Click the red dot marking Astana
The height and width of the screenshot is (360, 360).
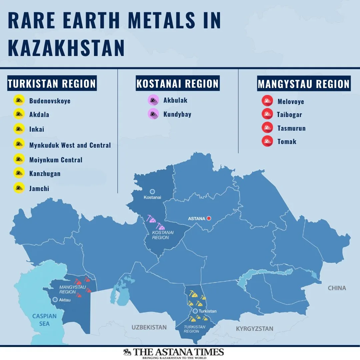pyautogui.click(x=209, y=218)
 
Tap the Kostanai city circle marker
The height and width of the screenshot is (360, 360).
pyautogui.click(x=152, y=191)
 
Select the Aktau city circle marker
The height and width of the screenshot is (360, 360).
pyautogui.click(x=55, y=300)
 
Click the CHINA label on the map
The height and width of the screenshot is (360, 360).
pyautogui.click(x=337, y=288)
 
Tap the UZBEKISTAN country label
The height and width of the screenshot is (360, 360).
pyautogui.click(x=149, y=327)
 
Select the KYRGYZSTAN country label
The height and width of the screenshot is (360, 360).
pyautogui.click(x=255, y=329)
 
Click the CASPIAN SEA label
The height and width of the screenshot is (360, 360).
pyautogui.click(x=44, y=320)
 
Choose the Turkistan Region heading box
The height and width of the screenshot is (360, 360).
pyautogui.click(x=52, y=84)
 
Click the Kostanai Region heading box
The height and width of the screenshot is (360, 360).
pyautogui.click(x=177, y=84)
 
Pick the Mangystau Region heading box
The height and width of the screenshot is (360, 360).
pyautogui.click(x=304, y=84)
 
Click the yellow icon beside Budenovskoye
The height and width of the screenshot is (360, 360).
pyautogui.click(x=19, y=100)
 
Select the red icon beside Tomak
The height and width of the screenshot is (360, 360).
pyautogui.click(x=267, y=141)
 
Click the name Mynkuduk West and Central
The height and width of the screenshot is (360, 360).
pyautogui.click(x=70, y=145)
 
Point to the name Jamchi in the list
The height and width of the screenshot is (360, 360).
pyautogui.click(x=39, y=189)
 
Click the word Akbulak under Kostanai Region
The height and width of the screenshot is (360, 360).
pyautogui.click(x=175, y=100)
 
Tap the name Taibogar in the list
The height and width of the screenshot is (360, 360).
pyautogui.click(x=289, y=115)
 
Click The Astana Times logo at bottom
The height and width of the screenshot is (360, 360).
pyautogui.click(x=173, y=353)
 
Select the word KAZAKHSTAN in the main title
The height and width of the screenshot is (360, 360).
pyautogui.click(x=66, y=48)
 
